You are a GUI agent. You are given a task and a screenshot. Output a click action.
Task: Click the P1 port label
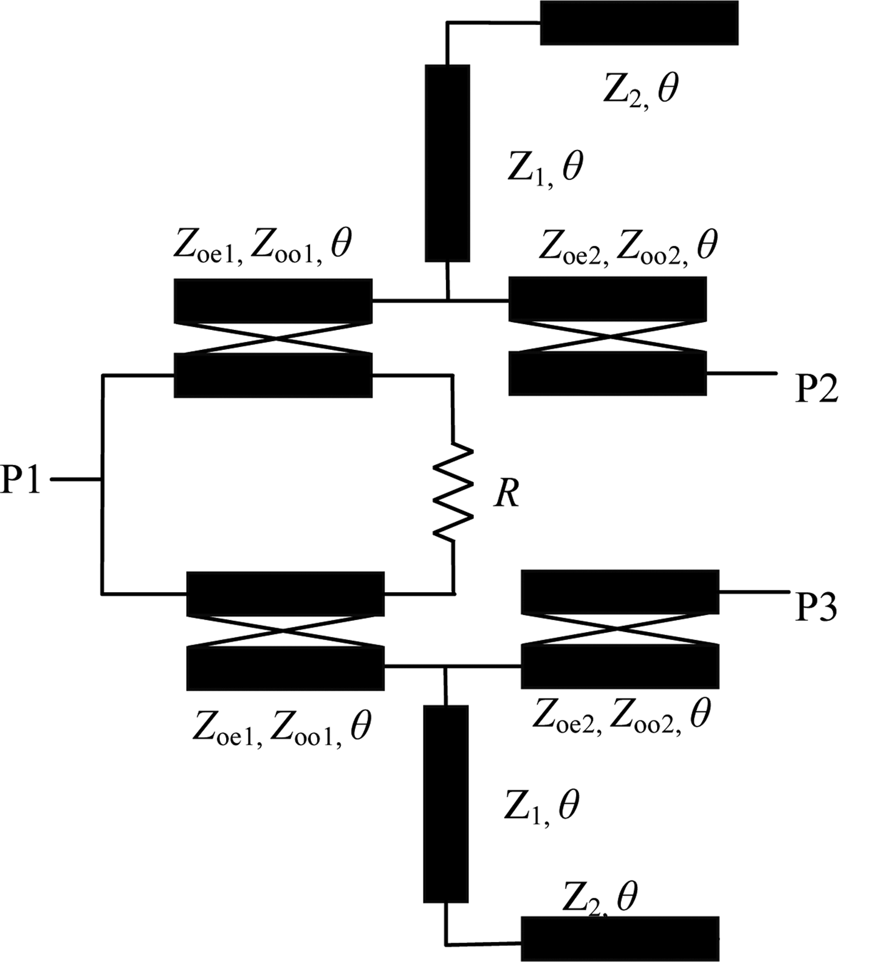pos(21,480)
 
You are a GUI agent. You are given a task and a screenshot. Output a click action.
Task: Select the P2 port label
pos(816,389)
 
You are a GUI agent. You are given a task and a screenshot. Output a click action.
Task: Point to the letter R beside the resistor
pos(506,495)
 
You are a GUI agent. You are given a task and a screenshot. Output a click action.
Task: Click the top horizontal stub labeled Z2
pos(638,23)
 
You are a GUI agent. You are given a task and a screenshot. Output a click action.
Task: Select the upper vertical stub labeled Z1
pos(447,163)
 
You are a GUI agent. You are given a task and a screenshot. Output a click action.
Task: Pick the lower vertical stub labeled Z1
pos(445,803)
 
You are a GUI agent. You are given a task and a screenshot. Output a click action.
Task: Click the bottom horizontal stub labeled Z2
pos(620,938)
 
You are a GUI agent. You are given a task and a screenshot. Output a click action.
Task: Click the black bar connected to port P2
pos(607,374)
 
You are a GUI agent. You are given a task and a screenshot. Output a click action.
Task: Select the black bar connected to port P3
pos(620,592)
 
